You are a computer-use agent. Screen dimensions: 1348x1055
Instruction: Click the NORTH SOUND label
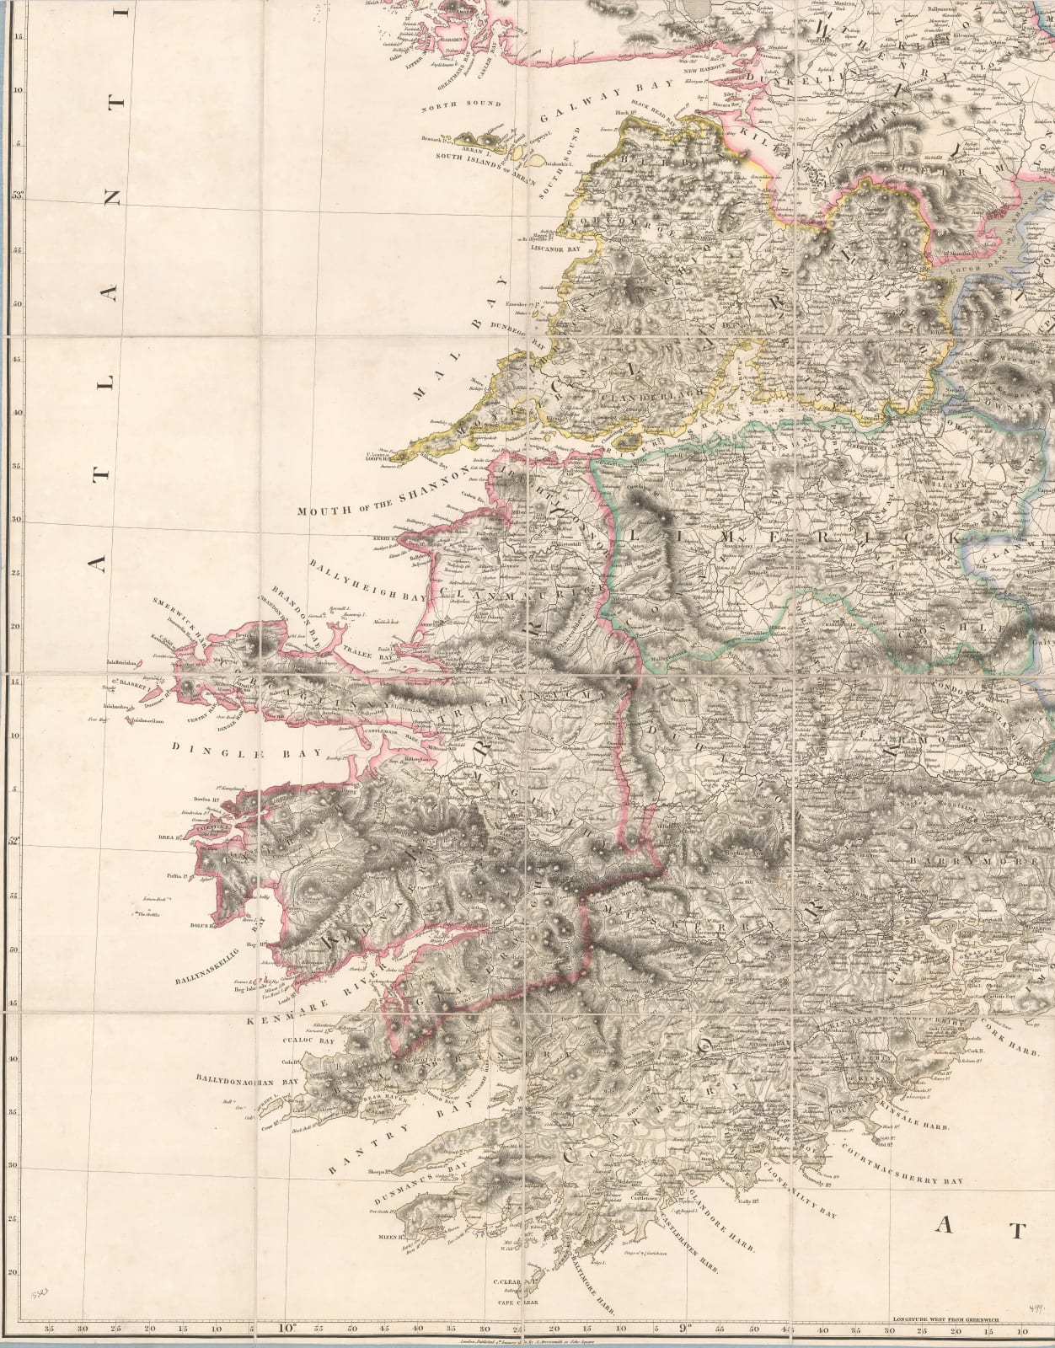coord(462,104)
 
